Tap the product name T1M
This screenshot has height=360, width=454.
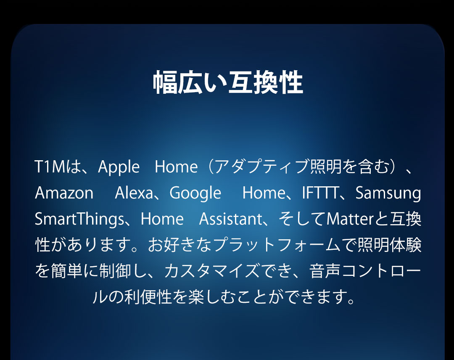pos(50,167)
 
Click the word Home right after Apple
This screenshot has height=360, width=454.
pos(176,167)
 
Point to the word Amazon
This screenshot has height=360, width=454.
pos(64,193)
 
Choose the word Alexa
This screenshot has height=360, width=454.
pos(134,193)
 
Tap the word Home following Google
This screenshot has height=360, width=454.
pos(264,193)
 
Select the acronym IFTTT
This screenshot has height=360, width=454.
pos(320,193)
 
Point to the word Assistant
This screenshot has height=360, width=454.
pos(231,219)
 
